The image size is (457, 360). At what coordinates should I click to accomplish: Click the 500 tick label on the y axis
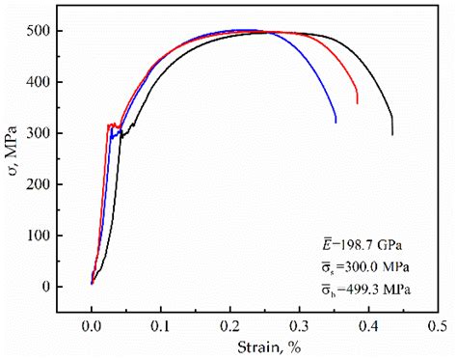point(39,31)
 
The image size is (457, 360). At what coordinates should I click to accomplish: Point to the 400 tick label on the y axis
point(39,82)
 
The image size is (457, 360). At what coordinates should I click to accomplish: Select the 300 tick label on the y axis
point(39,133)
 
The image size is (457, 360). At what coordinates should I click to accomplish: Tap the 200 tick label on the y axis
point(39,184)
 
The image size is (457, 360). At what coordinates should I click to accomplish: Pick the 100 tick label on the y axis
point(39,235)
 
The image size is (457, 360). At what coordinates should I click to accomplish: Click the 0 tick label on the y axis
point(45,287)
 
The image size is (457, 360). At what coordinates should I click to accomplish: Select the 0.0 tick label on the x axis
point(92,326)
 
